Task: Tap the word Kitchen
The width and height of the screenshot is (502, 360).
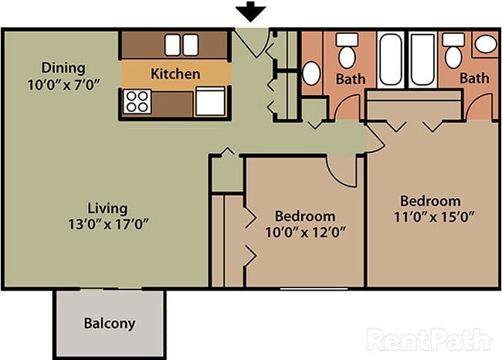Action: [175, 74]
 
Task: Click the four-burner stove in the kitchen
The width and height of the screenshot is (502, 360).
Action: [137, 101]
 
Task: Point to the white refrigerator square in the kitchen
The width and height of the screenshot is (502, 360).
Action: [209, 101]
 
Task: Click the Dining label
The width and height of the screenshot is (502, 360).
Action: [63, 67]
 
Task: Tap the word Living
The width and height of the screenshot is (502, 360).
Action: [107, 209]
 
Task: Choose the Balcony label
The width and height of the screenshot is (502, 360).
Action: [109, 324]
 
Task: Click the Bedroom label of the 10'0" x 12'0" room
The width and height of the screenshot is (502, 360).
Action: [305, 216]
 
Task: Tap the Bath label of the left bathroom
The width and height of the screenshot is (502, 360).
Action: [351, 79]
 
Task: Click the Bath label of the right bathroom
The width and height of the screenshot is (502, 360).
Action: [474, 78]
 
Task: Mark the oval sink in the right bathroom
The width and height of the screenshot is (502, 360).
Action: [486, 44]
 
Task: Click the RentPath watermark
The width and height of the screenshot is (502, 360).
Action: [429, 339]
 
